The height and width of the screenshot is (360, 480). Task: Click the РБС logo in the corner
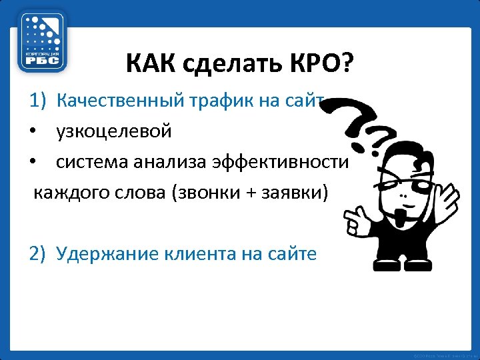pyautogui.click(x=42, y=41)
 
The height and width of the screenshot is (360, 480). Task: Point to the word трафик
pyautogui.click(x=217, y=101)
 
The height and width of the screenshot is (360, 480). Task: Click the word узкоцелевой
pyautogui.click(x=114, y=131)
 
